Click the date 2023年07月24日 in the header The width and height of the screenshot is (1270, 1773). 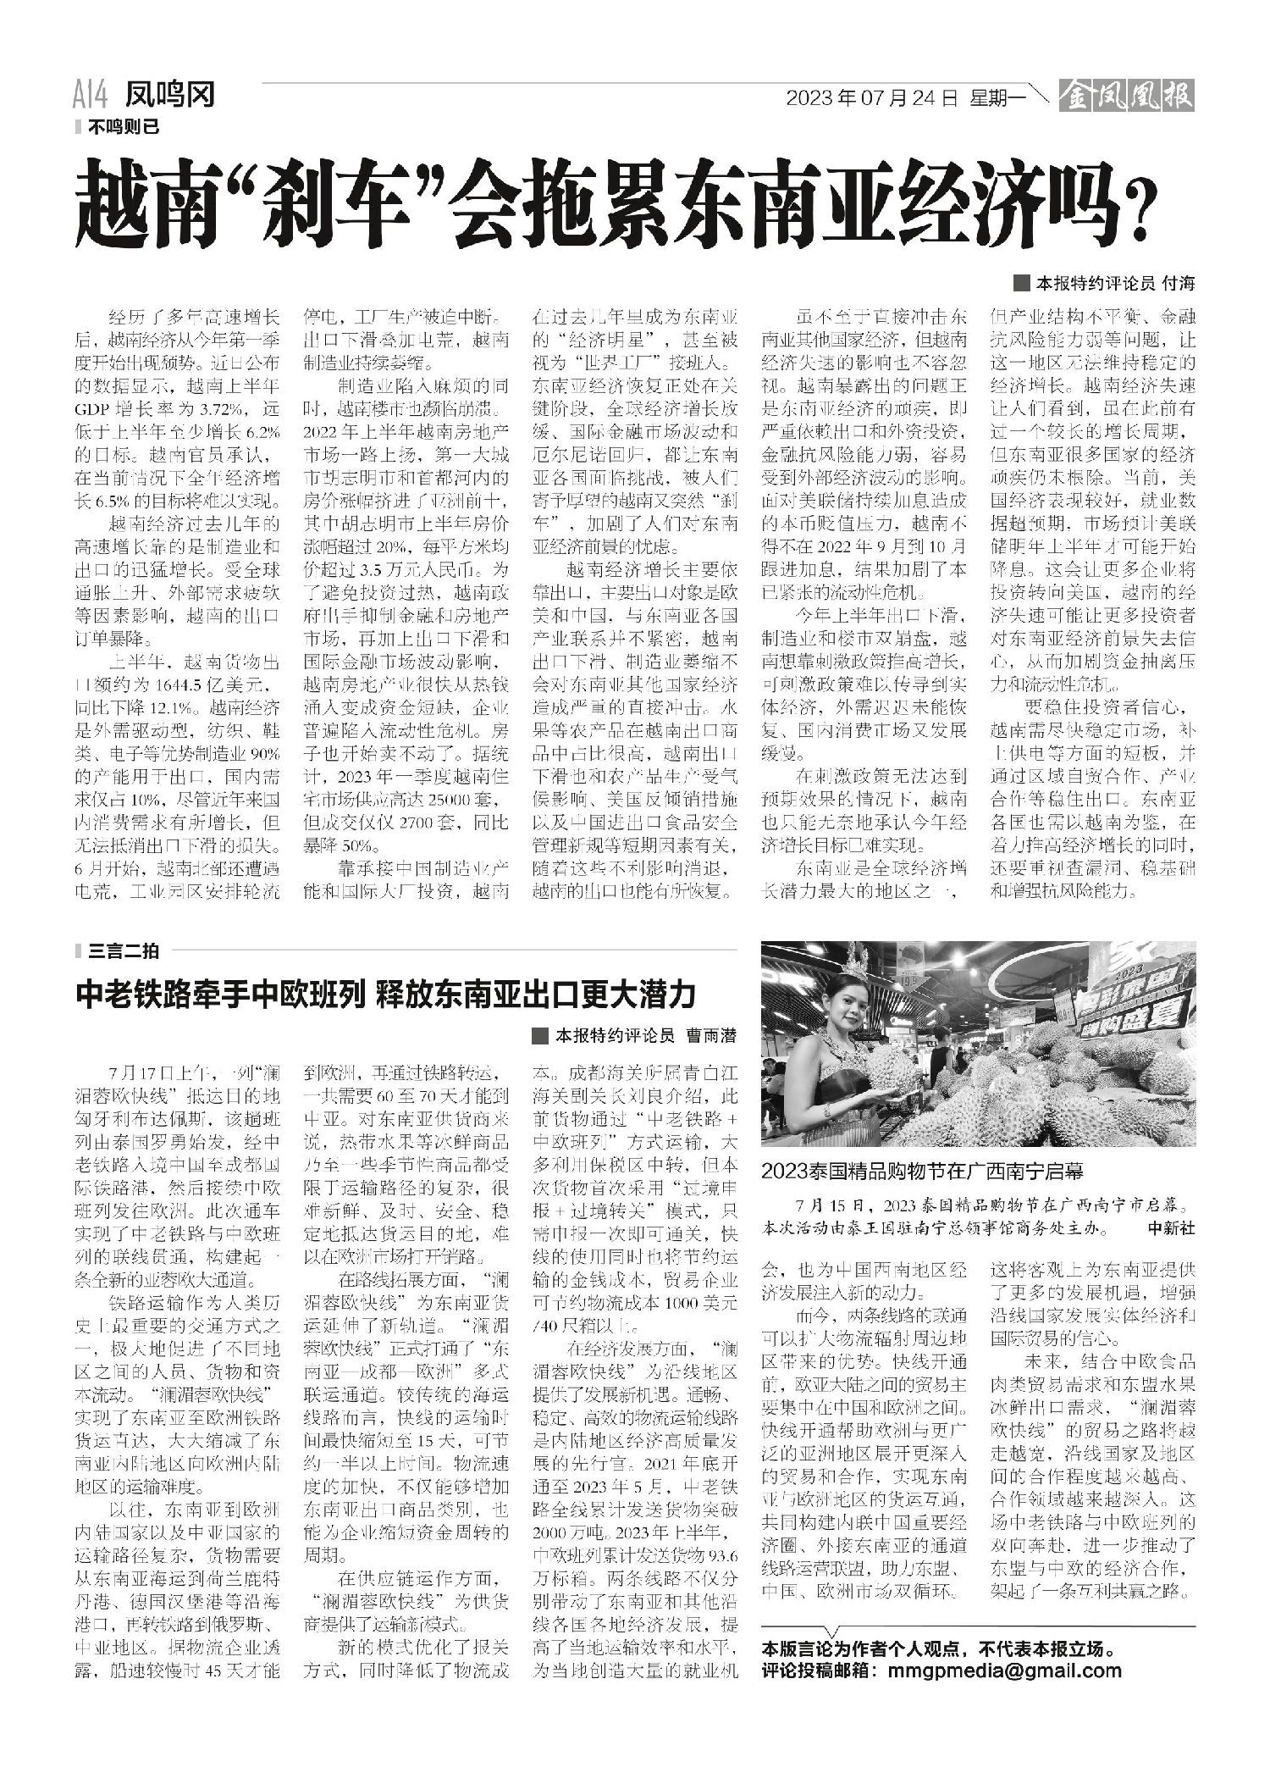(872, 99)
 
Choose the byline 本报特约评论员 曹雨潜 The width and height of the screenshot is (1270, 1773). (644, 1035)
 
